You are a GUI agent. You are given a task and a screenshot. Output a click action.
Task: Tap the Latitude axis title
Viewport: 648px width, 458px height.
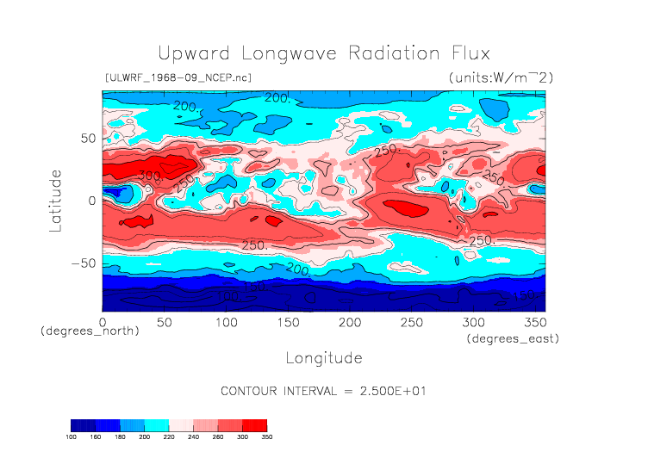coord(56,200)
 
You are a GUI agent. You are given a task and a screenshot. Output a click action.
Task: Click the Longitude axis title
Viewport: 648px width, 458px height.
coord(323,357)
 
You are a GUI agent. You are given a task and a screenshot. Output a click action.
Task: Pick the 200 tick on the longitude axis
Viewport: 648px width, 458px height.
coord(349,322)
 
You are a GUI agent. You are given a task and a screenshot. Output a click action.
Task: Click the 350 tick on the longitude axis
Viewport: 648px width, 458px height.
coord(534,322)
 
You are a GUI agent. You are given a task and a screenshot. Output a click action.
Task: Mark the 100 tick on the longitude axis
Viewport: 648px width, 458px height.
coord(226,322)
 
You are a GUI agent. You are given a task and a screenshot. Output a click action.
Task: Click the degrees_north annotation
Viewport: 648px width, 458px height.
coord(90,331)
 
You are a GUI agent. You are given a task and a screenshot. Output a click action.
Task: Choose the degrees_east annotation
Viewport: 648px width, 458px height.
coord(513,338)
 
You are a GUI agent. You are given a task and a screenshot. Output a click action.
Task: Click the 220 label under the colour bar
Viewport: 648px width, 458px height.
coord(169,436)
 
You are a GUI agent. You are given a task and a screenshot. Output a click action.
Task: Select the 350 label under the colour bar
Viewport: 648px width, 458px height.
coord(266,436)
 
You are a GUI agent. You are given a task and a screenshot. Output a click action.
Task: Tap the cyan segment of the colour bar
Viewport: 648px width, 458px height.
coord(157,425)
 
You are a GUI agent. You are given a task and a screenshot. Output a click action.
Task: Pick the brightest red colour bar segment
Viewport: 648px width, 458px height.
coord(254,425)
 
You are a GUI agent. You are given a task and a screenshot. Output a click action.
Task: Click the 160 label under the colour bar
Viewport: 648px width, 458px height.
coord(97,436)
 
